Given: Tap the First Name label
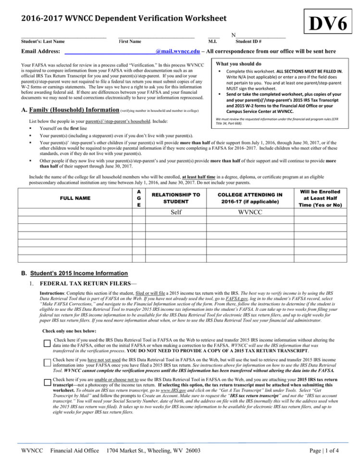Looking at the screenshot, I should [x=129, y=42].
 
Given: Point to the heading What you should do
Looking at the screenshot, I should [x=239, y=64].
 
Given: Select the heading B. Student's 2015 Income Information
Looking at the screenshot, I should [x=83, y=273].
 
